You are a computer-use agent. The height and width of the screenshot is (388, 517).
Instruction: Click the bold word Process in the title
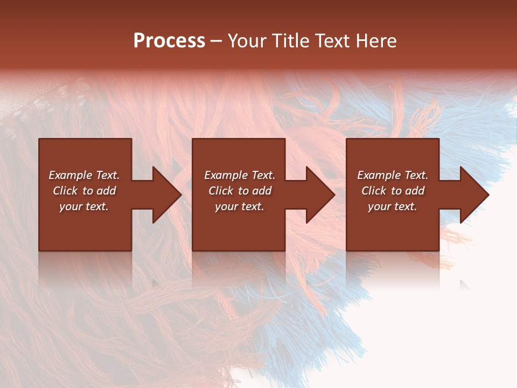pos(169,40)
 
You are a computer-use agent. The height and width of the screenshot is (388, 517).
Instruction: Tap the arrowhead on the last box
pos(473,195)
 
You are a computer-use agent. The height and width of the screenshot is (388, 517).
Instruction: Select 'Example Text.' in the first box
pos(84,175)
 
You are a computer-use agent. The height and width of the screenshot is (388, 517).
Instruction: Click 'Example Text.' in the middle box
pos(240,175)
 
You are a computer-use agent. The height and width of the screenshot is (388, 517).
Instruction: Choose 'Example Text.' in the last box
pos(393,175)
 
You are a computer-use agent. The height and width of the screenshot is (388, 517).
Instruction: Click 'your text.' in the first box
pos(84,206)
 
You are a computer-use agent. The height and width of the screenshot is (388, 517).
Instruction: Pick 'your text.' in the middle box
pos(240,206)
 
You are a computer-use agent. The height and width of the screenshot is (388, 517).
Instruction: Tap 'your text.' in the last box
pos(393,206)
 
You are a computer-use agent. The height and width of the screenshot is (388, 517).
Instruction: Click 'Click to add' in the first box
pos(84,191)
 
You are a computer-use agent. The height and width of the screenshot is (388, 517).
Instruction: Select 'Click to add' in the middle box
pos(240,191)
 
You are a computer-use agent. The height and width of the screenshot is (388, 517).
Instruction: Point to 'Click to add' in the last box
pos(393,191)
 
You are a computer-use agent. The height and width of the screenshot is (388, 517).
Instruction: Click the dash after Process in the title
pos(216,41)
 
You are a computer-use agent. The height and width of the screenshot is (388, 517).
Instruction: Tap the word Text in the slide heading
pos(331,40)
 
